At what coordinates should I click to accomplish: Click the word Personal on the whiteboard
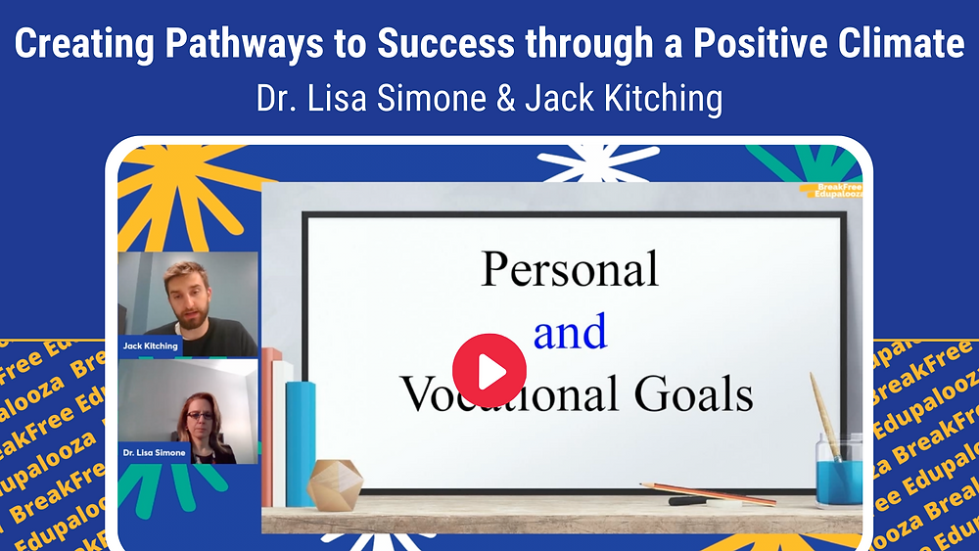(570, 269)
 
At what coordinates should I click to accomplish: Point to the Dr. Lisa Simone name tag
(155, 452)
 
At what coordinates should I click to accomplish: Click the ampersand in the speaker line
(505, 100)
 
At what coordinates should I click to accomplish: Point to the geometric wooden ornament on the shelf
(335, 482)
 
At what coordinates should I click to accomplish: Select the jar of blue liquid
(838, 470)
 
